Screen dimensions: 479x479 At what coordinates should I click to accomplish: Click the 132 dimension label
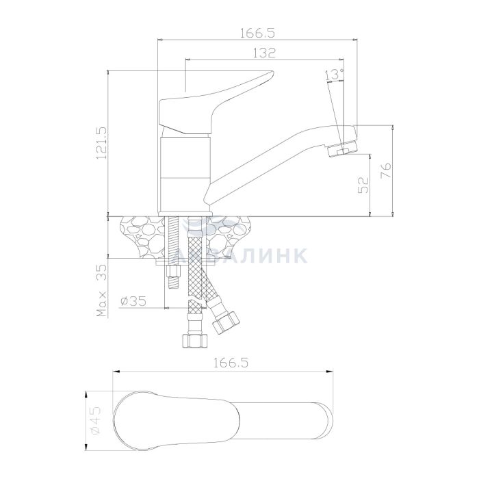pyautogui.click(x=264, y=53)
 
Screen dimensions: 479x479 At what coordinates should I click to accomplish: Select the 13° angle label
pyautogui.click(x=335, y=75)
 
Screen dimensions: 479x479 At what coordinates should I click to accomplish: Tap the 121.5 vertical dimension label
pyautogui.click(x=101, y=143)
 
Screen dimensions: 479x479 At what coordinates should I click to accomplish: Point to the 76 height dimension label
pyautogui.click(x=386, y=171)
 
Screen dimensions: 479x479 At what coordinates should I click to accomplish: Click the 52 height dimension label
pyautogui.click(x=363, y=185)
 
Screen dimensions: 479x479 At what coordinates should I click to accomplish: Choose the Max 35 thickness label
pyautogui.click(x=102, y=291)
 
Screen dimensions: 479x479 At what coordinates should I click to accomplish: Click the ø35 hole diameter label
pyautogui.click(x=133, y=301)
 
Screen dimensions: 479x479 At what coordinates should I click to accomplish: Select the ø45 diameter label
pyautogui.click(x=96, y=419)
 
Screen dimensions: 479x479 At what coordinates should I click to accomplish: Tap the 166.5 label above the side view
pyautogui.click(x=257, y=33)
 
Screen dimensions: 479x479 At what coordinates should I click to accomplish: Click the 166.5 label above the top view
pyautogui.click(x=231, y=363)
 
